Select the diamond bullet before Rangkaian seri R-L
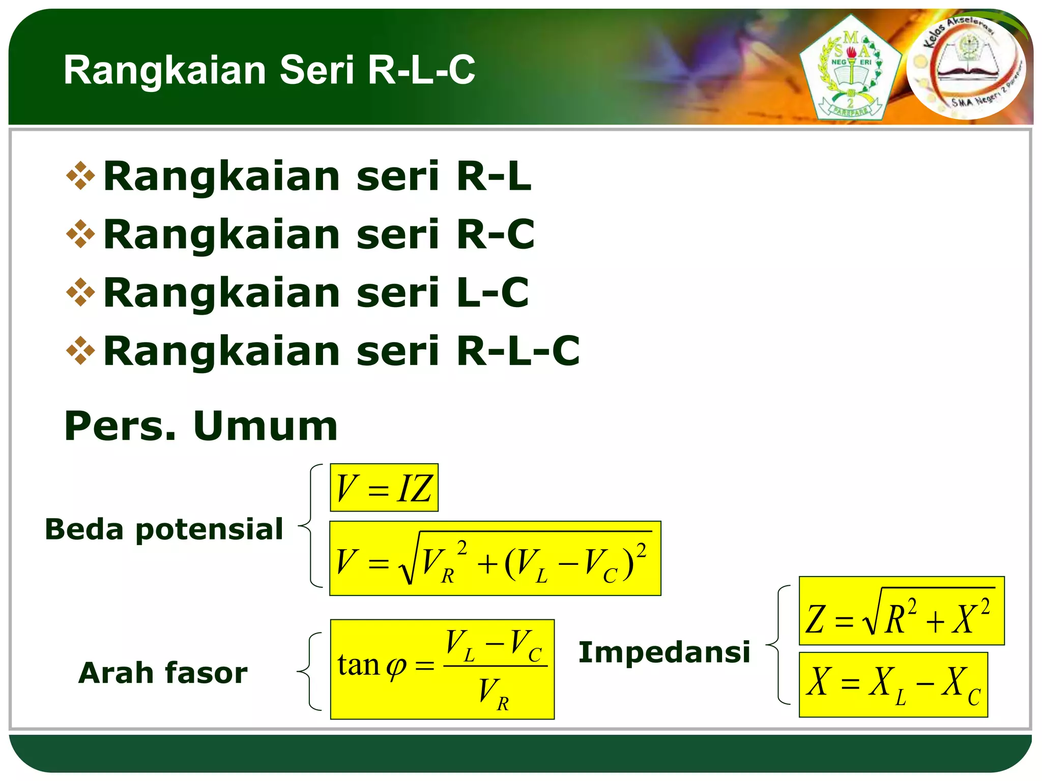click(80, 176)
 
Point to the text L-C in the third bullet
click(493, 293)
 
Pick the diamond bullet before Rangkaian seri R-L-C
click(80, 351)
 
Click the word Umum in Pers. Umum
click(265, 426)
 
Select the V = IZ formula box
click(384, 488)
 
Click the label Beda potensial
click(164, 529)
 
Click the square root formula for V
click(495, 559)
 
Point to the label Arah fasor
click(163, 673)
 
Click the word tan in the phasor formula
click(359, 665)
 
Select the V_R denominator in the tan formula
click(494, 694)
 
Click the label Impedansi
click(664, 652)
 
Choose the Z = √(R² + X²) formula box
click(901, 611)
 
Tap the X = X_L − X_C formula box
click(893, 685)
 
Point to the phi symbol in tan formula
click(396, 667)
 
